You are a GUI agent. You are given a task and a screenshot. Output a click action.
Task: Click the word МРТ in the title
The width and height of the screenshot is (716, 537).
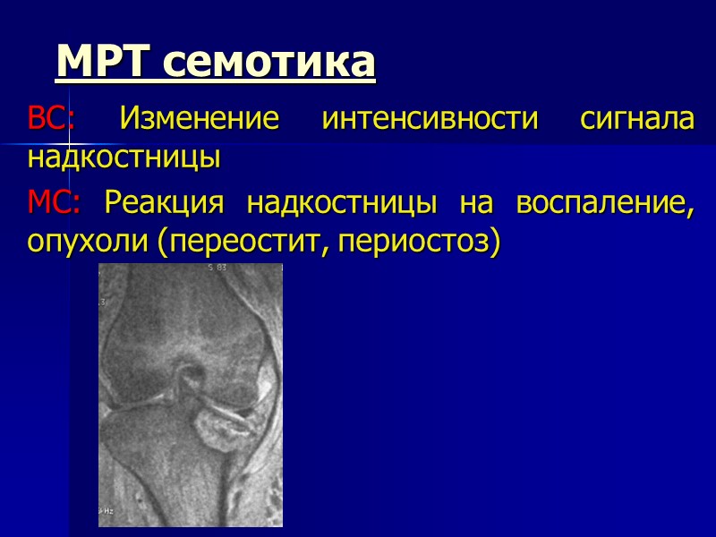point(106,63)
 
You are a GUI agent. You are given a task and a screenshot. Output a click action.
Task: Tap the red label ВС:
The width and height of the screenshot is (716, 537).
point(52,118)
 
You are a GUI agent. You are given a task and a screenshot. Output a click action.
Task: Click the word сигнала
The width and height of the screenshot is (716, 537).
point(636,118)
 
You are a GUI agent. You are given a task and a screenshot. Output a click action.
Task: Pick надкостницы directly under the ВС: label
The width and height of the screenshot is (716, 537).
point(124,158)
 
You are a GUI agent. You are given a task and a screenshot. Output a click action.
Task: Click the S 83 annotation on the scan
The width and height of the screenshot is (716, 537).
point(217,268)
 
